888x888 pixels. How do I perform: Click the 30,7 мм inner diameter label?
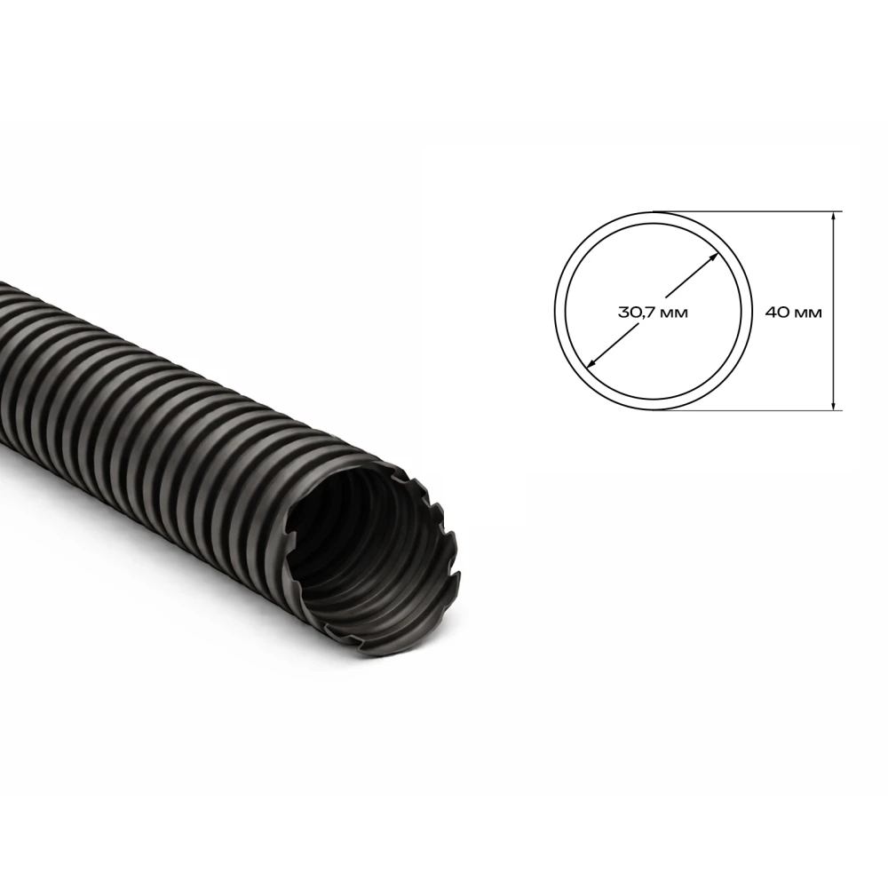pyautogui.click(x=653, y=312)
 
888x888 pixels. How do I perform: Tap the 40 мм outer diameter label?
pyautogui.click(x=793, y=312)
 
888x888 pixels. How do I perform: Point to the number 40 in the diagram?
pyautogui.click(x=776, y=312)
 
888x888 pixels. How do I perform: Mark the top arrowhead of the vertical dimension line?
pyautogui.click(x=833, y=217)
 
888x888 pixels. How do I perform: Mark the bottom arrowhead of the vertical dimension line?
pyautogui.click(x=833, y=404)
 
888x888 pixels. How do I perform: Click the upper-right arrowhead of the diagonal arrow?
pyautogui.click(x=715, y=257)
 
